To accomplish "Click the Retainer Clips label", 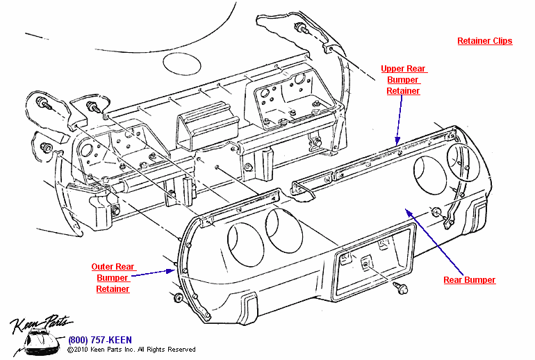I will (x=484, y=41).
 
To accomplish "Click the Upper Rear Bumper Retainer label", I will (x=404, y=80).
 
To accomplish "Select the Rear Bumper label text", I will (x=470, y=280).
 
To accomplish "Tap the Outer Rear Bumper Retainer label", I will (x=113, y=277).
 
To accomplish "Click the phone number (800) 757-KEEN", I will (x=99, y=341).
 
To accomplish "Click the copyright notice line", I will (x=131, y=350).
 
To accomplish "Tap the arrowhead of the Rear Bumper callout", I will (x=408, y=210).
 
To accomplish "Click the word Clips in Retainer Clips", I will (x=500, y=41).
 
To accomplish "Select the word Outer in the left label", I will (x=102, y=266).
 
